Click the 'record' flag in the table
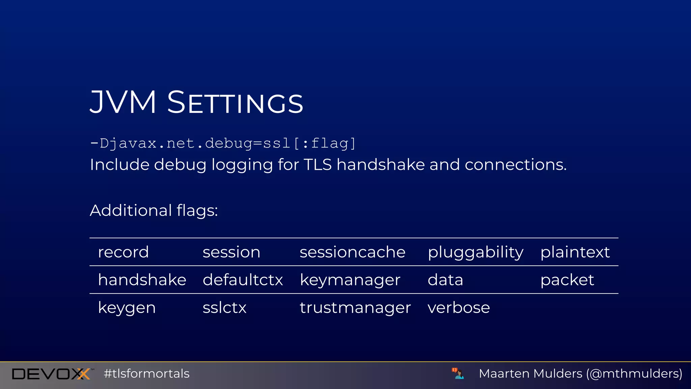coord(123,252)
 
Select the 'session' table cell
coord(231,252)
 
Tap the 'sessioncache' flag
coord(352,252)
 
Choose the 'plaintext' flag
coord(575,252)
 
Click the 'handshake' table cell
coord(142,280)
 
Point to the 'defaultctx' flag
coord(243,280)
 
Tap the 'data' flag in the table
coord(445,280)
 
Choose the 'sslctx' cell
coord(224,308)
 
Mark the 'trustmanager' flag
coord(355,308)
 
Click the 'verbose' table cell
coord(459,308)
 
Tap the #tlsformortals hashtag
coord(146,374)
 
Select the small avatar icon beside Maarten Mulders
coord(458,373)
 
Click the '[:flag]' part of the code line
coord(325,143)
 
